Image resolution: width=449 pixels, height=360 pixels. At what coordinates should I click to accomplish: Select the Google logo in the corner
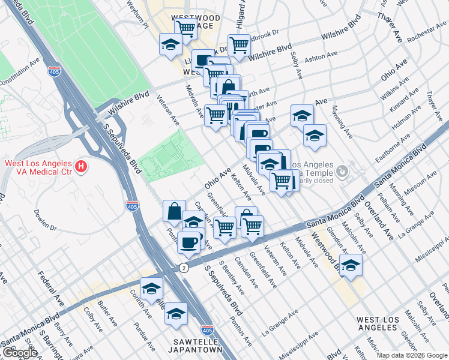tap(20, 353)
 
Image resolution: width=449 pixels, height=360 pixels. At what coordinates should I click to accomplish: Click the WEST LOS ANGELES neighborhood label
tap(385, 324)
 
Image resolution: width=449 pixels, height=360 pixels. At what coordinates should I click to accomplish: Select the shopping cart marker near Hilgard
tap(239, 45)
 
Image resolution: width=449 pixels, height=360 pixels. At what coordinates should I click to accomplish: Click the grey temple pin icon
tap(342, 172)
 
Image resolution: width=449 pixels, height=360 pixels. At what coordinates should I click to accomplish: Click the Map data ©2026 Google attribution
tap(412, 355)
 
